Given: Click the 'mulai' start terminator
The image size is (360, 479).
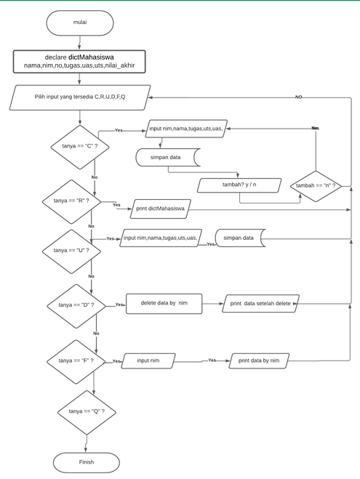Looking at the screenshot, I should (80, 23).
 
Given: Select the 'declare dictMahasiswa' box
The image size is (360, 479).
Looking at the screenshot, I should (80, 61).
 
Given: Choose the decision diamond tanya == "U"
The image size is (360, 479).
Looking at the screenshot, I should (71, 250).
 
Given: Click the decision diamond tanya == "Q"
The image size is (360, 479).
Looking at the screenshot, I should (86, 411).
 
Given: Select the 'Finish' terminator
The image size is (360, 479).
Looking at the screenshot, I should (86, 462).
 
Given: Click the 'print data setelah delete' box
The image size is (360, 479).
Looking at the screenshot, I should (260, 303).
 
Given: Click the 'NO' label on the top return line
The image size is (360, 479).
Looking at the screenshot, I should (298, 97).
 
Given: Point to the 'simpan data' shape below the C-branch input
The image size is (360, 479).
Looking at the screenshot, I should (168, 157).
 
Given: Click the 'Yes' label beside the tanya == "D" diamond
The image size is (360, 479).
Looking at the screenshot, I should (119, 305).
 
